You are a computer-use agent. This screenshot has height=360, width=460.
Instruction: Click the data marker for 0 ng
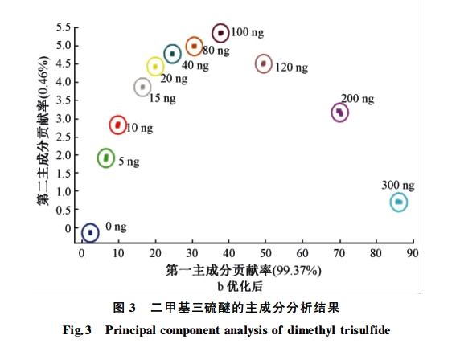[90, 232]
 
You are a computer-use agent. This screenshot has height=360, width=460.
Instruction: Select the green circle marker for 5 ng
[105, 157]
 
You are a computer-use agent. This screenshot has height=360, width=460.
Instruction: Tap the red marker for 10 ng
[118, 125]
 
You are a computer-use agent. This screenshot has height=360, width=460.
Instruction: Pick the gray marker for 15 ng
[142, 87]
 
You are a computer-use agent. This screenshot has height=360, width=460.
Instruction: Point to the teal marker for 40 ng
[172, 54]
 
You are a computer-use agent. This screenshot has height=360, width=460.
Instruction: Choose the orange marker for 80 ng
[194, 46]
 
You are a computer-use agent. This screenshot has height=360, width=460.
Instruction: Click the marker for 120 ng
[264, 63]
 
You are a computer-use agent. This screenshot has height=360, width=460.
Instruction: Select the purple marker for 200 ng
[339, 112]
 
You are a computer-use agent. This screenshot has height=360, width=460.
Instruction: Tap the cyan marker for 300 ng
[399, 202]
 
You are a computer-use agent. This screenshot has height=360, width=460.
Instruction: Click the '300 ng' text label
[398, 184]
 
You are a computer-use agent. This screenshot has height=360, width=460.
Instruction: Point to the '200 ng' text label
[357, 99]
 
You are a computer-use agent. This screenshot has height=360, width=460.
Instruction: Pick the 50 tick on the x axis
[266, 252]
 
